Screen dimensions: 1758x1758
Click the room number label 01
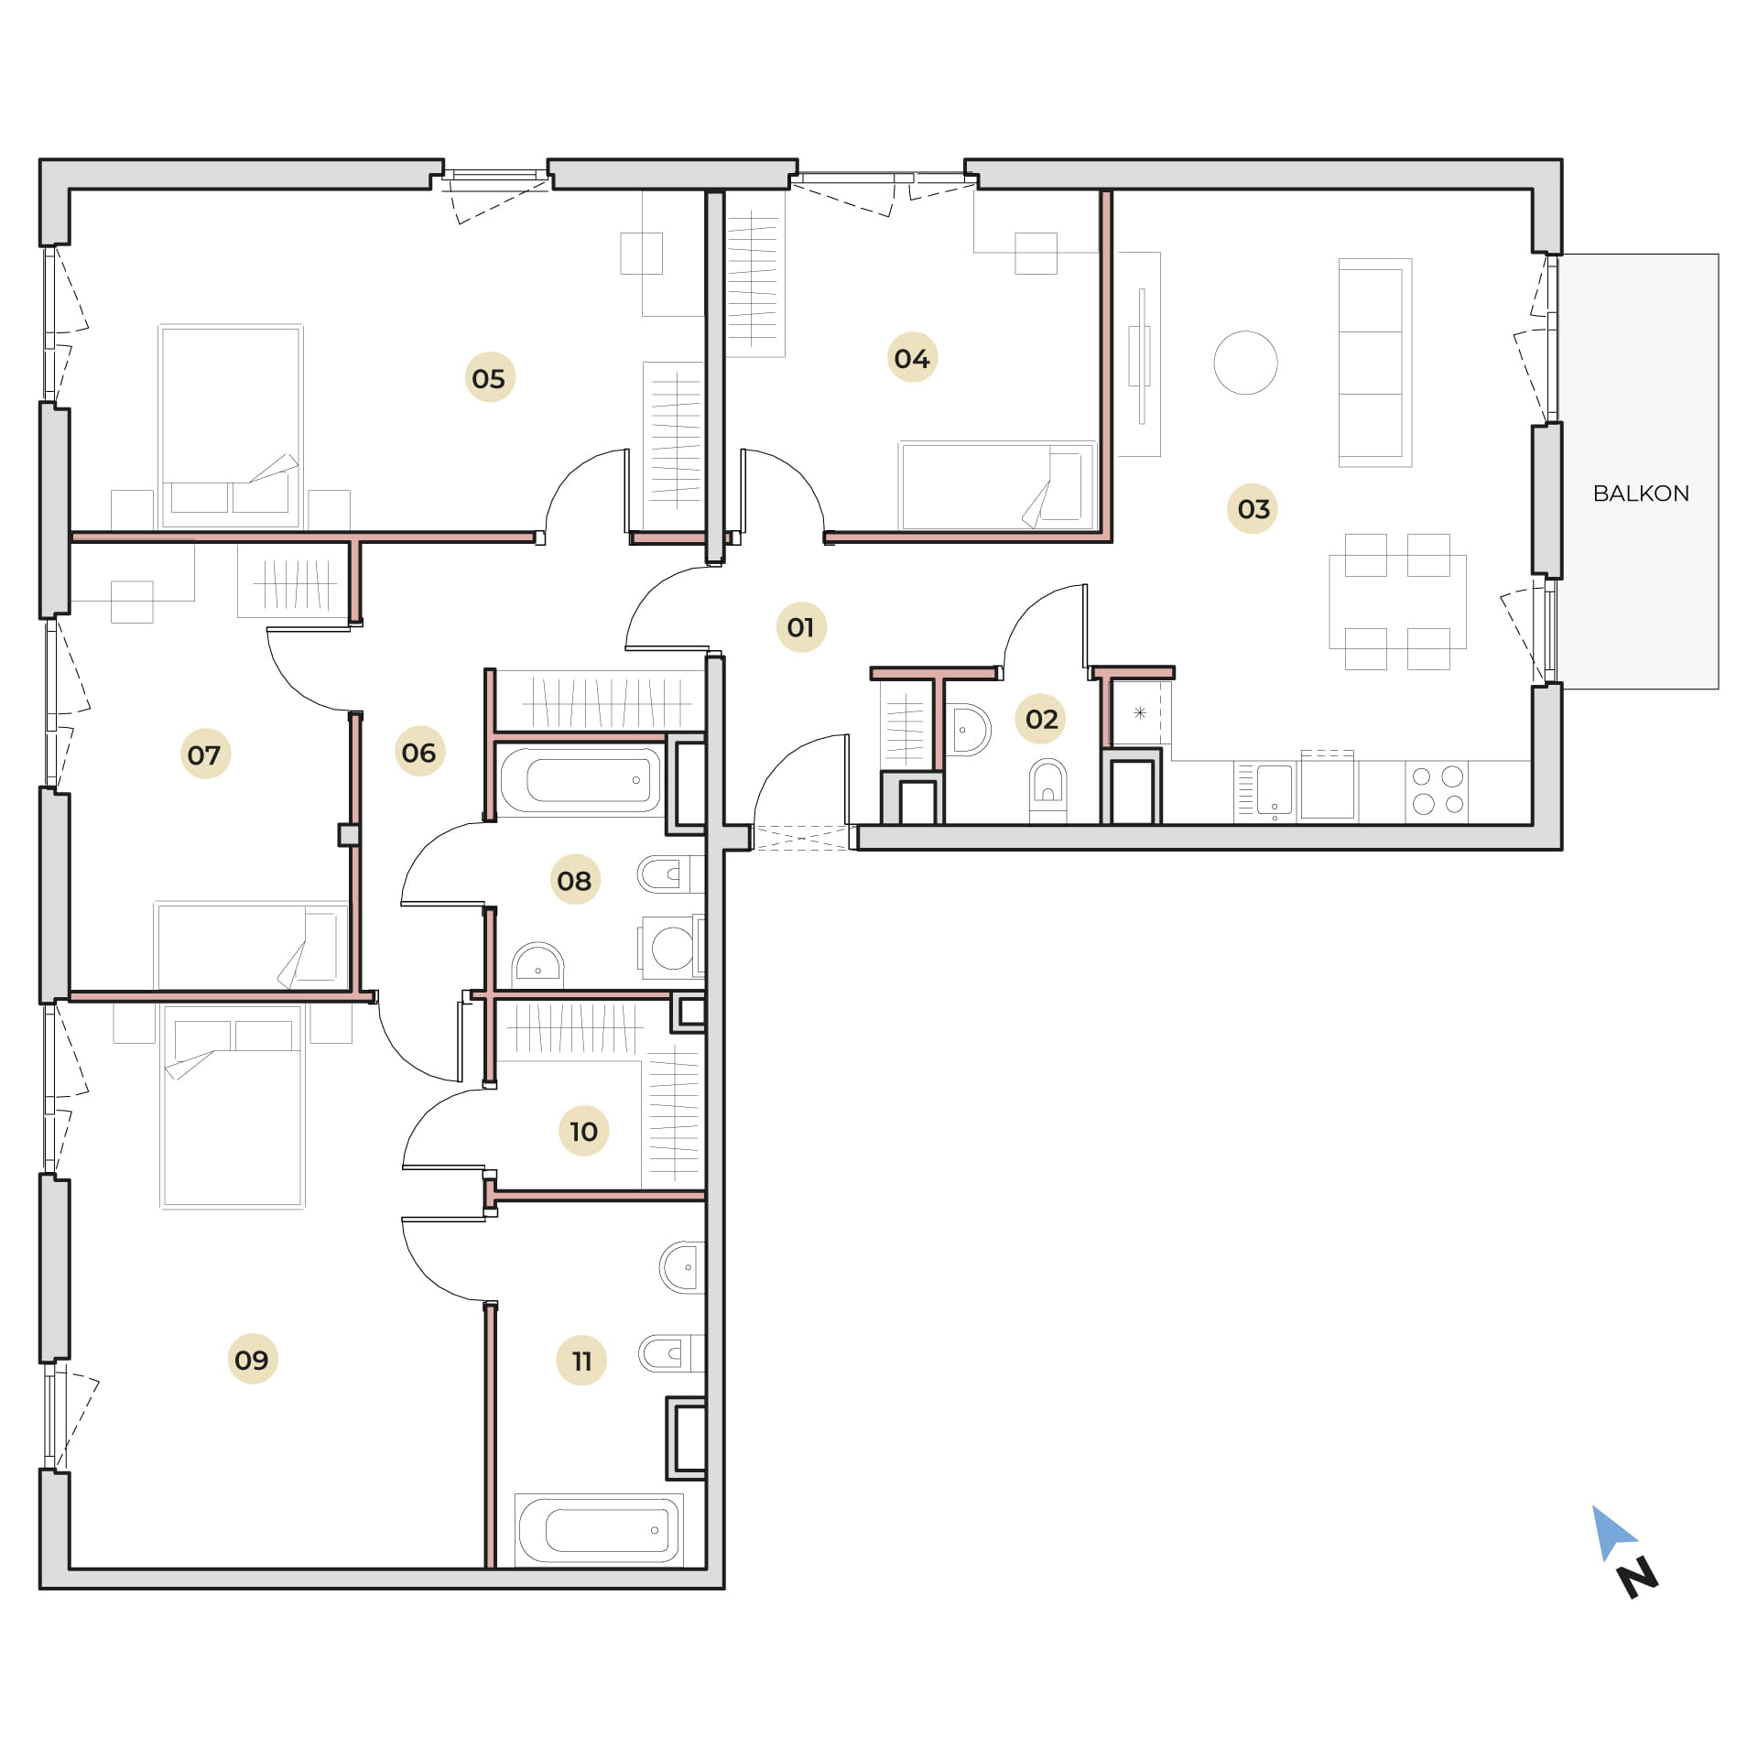800,627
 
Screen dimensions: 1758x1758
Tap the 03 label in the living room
1253,509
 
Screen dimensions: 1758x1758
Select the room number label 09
252,1360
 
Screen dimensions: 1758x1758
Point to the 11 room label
581,1361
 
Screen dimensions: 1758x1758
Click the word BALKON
1641,494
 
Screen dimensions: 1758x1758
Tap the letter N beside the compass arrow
1638,1577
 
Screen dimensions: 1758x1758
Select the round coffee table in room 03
1245,363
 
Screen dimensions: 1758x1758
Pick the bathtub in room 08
581,780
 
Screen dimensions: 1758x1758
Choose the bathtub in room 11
599,1530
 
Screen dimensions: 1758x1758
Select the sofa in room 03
1374,363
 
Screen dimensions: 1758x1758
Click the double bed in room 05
230,427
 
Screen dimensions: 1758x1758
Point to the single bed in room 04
997,486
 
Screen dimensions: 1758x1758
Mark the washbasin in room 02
968,730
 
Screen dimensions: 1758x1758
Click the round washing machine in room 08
671,948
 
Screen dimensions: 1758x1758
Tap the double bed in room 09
233,1106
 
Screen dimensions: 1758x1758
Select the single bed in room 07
252,946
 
